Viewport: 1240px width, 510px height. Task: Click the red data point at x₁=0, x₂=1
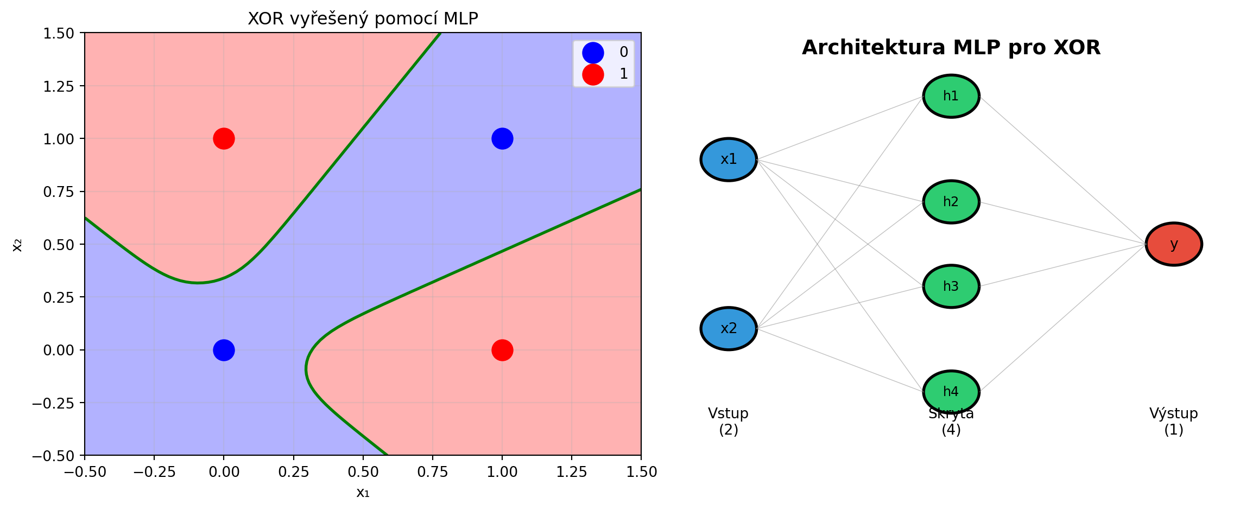point(224,138)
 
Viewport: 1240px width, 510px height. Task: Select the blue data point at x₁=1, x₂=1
point(502,138)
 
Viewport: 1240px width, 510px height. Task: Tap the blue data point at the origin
point(224,350)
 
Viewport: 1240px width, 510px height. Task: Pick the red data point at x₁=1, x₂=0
point(502,350)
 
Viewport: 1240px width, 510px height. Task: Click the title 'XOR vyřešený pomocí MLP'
point(363,19)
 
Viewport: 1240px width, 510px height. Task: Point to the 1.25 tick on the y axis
point(59,86)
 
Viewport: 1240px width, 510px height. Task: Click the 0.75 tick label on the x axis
point(433,472)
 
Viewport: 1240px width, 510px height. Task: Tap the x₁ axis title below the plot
point(363,493)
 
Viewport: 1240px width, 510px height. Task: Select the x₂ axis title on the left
point(17,244)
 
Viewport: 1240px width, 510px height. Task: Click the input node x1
point(729,160)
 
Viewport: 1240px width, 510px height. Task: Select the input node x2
point(729,329)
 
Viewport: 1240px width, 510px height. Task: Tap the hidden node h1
point(951,96)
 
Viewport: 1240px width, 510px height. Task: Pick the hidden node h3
point(951,286)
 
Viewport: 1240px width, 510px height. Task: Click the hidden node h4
point(951,392)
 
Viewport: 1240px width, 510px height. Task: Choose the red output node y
point(1174,244)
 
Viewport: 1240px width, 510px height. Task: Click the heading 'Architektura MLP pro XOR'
point(951,48)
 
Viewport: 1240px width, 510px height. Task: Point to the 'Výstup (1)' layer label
point(1174,422)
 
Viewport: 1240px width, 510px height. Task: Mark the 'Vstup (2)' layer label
point(729,422)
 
